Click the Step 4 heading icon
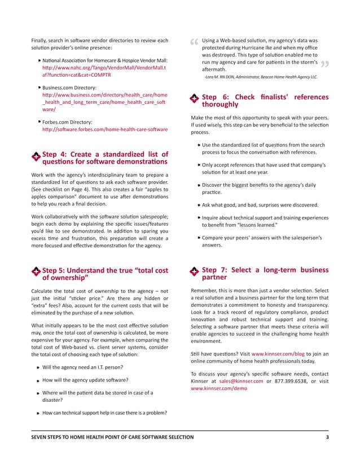pyautogui.click(x=36, y=156)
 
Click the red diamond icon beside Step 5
pyautogui.click(x=36, y=272)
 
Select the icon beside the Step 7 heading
pyautogui.click(x=194, y=272)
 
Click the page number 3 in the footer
pyautogui.click(x=327, y=437)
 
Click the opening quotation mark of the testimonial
pyautogui.click(x=195, y=43)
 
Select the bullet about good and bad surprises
pyautogui.click(x=268, y=205)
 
